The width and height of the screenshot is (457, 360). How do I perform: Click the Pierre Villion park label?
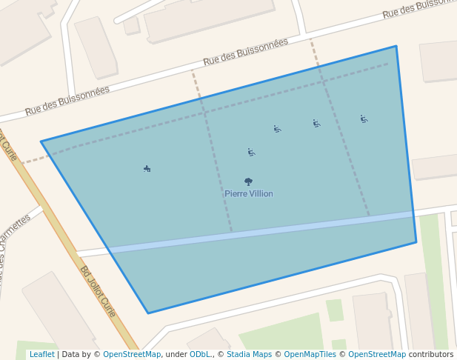249,194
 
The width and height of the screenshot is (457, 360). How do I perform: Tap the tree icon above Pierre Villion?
248,181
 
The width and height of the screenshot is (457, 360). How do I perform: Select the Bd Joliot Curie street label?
99,292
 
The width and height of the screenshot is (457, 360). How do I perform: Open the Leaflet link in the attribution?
41,354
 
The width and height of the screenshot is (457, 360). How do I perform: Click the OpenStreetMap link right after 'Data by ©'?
131,354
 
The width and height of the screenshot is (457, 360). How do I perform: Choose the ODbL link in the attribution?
199,354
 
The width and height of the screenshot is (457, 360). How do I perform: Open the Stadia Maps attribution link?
249,354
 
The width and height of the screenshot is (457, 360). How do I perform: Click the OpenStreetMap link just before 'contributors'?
377,354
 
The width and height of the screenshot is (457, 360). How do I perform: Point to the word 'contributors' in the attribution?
431,354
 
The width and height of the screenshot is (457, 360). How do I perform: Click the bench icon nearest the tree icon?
252,153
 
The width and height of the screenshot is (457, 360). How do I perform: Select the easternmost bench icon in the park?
364,119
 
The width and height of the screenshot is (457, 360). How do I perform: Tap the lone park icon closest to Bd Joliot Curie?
147,169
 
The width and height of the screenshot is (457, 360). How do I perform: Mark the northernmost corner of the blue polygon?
396,46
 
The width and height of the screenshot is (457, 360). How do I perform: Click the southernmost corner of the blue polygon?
147,313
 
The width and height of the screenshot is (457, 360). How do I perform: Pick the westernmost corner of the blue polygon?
41,141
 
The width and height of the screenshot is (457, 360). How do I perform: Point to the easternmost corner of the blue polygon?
416,241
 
